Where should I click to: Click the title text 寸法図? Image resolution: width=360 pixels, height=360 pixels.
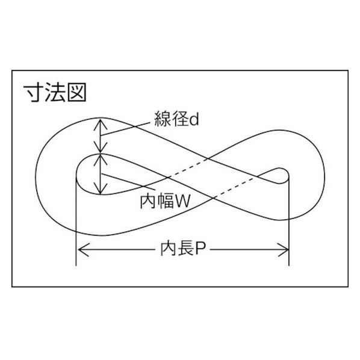click(55, 92)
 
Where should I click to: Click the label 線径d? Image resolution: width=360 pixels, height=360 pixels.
click(176, 119)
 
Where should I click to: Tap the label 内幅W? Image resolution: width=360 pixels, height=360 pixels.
click(166, 201)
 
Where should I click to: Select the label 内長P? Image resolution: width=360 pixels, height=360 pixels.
click(182, 249)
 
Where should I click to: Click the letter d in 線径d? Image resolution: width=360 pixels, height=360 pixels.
click(194, 119)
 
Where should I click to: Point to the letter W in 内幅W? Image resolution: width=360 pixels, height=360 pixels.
click(182, 202)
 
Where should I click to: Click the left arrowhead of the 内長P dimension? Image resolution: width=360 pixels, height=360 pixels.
click(83, 249)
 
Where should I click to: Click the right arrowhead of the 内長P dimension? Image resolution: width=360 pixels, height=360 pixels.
click(284, 249)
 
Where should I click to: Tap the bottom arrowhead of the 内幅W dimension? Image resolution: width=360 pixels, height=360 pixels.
click(101, 188)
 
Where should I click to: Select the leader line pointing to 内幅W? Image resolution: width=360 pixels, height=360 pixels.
click(128, 181)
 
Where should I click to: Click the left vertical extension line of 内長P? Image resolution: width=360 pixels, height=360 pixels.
click(76, 220)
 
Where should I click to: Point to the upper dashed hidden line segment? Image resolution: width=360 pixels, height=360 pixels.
click(187, 168)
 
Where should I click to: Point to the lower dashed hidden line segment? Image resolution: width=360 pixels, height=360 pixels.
click(235, 187)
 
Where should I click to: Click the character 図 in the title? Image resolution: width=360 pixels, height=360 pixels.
click(76, 92)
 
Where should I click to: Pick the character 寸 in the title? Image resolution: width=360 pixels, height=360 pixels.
click(34, 92)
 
